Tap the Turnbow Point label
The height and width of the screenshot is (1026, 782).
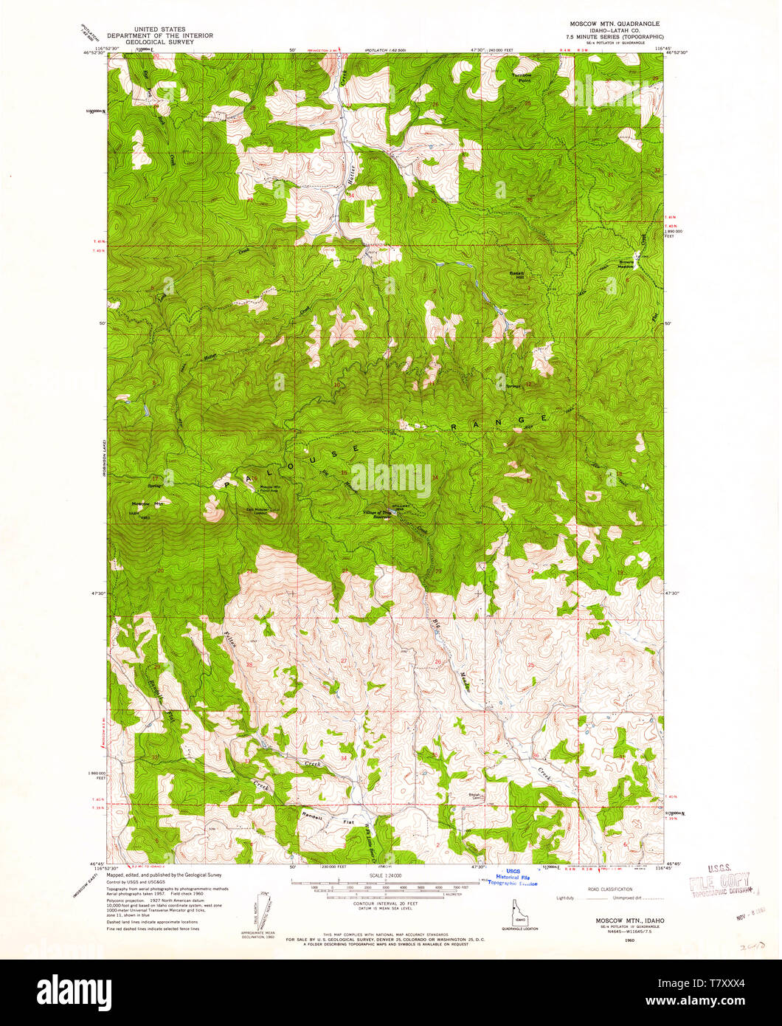522,78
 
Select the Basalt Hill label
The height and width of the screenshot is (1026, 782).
517,274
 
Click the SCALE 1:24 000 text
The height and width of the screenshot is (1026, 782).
387,876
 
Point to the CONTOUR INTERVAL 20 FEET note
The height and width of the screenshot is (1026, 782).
387,903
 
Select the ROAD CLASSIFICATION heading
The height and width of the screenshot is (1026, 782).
609,890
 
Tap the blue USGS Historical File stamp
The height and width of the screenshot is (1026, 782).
513,877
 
